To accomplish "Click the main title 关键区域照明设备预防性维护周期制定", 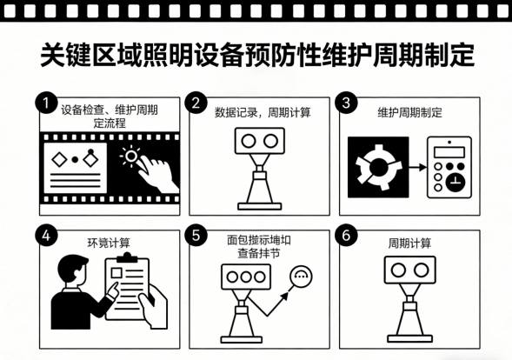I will (256, 55).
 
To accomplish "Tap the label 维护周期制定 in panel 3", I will (409, 113).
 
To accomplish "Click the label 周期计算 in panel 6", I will (409, 242).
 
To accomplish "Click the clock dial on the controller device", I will (455, 182).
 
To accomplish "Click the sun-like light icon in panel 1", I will (130, 157).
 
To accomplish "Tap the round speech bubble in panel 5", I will (301, 277).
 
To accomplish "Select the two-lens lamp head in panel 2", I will (260, 142).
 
